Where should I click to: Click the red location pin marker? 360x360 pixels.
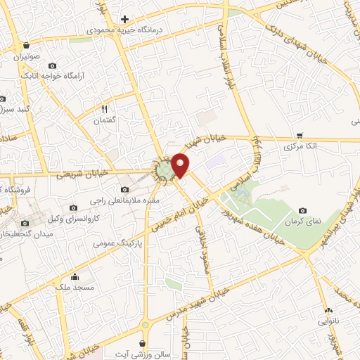click(x=181, y=165)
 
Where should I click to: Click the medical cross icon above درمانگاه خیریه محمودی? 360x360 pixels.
click(x=124, y=18)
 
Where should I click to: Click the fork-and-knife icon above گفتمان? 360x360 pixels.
click(x=104, y=109)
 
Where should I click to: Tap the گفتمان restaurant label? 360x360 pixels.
click(x=104, y=120)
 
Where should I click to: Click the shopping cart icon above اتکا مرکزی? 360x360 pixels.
click(x=300, y=135)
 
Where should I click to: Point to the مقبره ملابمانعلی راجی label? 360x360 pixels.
click(x=124, y=200)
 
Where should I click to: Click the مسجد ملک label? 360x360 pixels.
click(x=75, y=288)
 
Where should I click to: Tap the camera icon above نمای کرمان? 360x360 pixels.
click(x=302, y=210)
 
